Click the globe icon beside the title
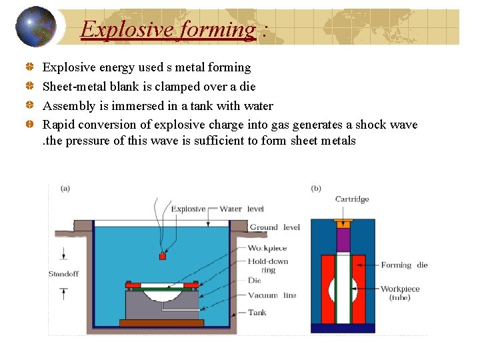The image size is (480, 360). click(35, 27)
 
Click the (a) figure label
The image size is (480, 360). click(65, 189)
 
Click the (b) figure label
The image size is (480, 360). click(316, 189)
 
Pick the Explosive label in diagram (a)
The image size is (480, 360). click(188, 209)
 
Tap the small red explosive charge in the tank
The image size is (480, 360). click(161, 256)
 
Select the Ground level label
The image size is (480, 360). click(275, 227)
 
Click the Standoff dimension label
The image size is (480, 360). click(63, 274)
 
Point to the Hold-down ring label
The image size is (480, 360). click(268, 266)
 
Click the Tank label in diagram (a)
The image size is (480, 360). click(257, 312)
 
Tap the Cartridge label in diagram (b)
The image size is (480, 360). click(351, 199)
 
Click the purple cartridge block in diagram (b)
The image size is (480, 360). click(343, 239)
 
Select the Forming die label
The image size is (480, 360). click(404, 265)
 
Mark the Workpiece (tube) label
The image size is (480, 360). click(400, 293)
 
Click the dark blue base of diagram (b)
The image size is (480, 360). click(343, 327)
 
